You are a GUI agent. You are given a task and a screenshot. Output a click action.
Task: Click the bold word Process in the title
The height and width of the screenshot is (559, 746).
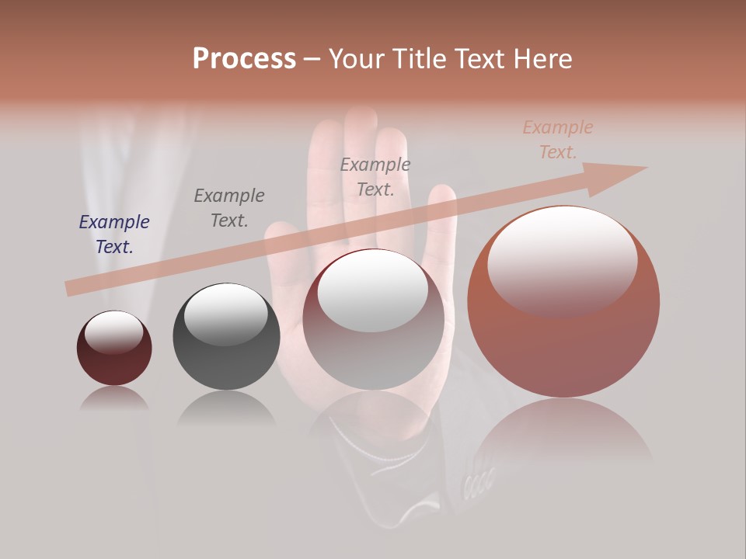(x=244, y=59)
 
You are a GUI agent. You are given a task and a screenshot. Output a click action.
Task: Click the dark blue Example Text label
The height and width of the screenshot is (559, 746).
(x=114, y=234)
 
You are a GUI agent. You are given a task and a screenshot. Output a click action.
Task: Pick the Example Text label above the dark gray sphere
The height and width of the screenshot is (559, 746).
(x=229, y=208)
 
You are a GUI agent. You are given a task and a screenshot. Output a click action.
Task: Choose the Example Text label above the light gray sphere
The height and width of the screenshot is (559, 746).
(x=375, y=177)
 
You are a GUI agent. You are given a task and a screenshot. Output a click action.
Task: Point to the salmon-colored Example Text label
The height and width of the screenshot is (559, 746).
(x=558, y=140)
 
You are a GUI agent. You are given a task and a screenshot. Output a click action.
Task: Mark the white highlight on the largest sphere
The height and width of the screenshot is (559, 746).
(x=563, y=260)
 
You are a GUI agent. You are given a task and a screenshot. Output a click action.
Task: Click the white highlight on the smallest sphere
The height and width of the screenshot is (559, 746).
(x=114, y=332)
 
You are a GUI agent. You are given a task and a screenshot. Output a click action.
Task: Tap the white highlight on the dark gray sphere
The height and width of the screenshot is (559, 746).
(x=226, y=314)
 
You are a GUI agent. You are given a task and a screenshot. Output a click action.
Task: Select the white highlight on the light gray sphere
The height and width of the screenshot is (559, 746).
(x=373, y=290)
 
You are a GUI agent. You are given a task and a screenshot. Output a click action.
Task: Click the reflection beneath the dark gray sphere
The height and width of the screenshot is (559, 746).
(x=226, y=408)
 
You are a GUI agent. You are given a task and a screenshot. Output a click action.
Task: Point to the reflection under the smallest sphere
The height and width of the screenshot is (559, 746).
(x=114, y=398)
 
